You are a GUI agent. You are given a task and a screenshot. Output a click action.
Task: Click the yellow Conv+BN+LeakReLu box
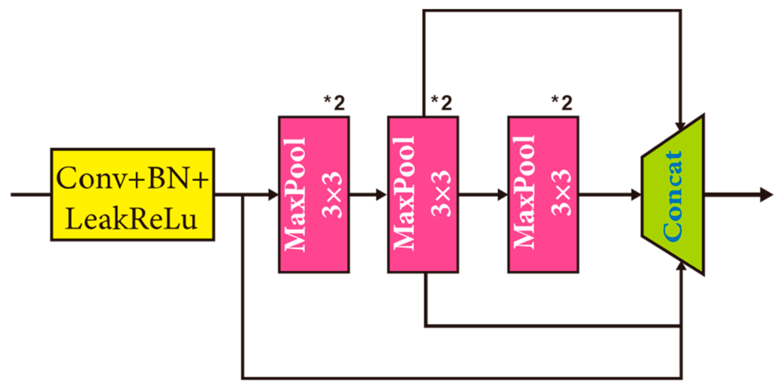coord(132,194)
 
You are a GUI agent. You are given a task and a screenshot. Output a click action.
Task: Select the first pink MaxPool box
coord(314,194)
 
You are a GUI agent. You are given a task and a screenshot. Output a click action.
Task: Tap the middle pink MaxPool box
coord(423,194)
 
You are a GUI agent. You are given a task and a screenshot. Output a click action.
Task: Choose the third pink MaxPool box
coord(543,194)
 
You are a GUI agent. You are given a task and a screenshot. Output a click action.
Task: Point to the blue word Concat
coord(672,196)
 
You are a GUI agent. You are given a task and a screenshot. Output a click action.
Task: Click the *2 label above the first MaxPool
coord(334,103)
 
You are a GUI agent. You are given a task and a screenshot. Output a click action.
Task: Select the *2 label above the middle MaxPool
coord(442,103)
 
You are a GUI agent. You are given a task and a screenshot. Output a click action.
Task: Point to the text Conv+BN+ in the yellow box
coord(132,178)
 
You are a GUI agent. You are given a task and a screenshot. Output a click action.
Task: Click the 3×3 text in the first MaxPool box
coord(332,194)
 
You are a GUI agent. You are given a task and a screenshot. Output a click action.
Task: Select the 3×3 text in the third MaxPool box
coord(561,193)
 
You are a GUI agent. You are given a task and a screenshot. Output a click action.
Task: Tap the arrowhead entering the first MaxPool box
coord(273,194)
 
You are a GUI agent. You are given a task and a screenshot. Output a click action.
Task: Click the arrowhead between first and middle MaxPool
coord(382,194)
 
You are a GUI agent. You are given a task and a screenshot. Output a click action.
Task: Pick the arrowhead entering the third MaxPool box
coord(502,194)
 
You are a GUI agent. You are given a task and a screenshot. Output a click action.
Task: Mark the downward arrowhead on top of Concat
coord(680,126)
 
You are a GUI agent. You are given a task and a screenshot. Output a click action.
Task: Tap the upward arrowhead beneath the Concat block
coord(682,266)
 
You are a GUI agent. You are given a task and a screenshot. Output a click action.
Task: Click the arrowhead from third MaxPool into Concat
coord(636,194)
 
